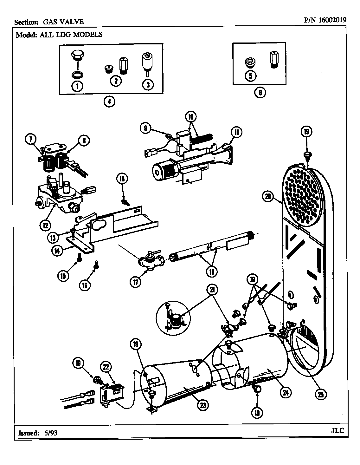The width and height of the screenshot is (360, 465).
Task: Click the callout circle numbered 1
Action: point(77,86)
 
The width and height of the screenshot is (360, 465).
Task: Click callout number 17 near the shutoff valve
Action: point(136,282)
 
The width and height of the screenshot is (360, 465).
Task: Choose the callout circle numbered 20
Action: point(268,197)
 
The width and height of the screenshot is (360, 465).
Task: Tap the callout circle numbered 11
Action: point(236,132)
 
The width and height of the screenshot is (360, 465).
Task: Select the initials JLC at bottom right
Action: point(337,431)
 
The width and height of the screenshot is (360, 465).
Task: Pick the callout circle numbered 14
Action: point(57,250)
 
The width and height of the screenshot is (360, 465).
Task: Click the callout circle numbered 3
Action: point(148,84)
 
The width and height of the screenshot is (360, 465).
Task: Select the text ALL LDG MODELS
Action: point(71,34)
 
